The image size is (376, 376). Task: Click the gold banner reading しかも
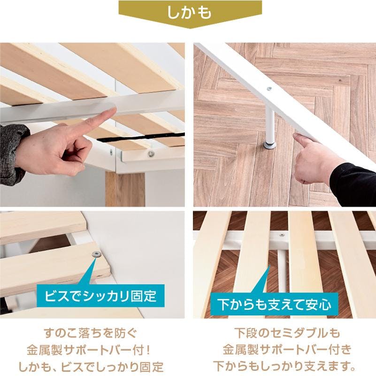click(x=190, y=13)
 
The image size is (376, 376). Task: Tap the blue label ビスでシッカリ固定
click(x=101, y=295)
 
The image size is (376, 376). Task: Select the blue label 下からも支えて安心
click(x=274, y=304)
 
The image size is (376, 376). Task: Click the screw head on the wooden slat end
click(x=96, y=253)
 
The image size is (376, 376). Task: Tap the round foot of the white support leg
click(x=269, y=145)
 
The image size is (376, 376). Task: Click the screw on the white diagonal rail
click(x=269, y=89)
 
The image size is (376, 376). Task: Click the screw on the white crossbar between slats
click(x=282, y=235)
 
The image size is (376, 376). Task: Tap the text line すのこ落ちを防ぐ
click(x=91, y=333)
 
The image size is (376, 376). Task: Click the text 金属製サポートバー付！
click(x=89, y=350)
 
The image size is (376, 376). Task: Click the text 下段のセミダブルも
click(x=287, y=333)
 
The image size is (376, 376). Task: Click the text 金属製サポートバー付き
click(x=287, y=350)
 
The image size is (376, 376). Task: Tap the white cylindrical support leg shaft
click(x=270, y=125)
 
